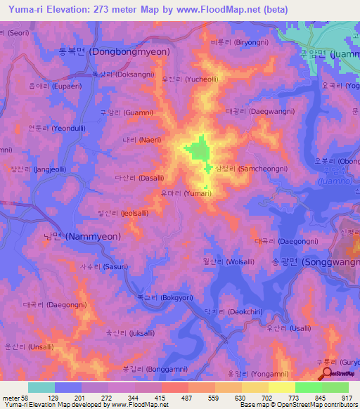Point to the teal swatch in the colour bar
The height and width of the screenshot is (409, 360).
pos(41,387)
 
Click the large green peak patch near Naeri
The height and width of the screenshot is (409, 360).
pos(198,150)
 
